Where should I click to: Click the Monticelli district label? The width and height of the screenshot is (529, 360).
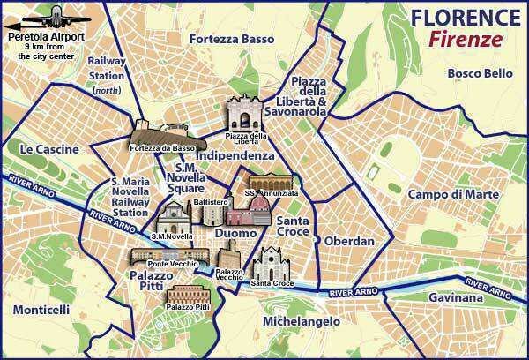[x=41, y=311]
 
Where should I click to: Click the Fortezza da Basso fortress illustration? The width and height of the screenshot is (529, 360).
[x=160, y=133]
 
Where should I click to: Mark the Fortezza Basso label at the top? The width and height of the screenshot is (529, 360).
[x=231, y=40]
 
